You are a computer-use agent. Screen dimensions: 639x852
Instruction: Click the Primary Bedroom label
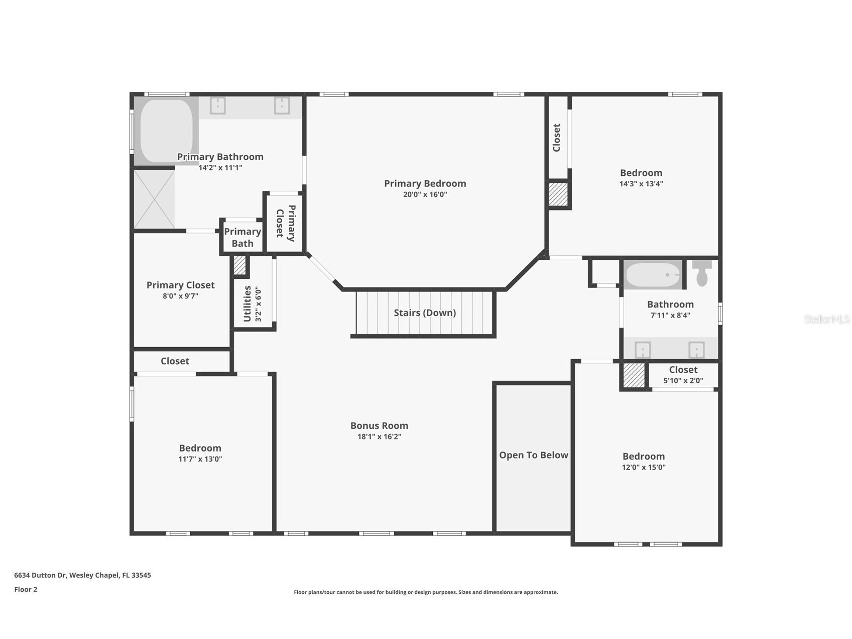pos(425,183)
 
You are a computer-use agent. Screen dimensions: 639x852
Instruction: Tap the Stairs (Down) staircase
pos(425,313)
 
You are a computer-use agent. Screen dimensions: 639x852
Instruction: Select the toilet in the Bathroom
pos(702,273)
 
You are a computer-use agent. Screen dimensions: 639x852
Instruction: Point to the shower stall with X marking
pos(154,199)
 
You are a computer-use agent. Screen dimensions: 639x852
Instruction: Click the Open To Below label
pos(533,455)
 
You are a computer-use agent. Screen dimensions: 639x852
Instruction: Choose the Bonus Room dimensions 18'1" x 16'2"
pos(379,437)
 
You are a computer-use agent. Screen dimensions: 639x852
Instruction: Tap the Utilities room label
pos(247,304)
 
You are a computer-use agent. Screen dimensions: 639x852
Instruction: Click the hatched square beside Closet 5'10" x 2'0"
pos(634,375)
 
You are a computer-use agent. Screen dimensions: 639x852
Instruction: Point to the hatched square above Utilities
pos(240,266)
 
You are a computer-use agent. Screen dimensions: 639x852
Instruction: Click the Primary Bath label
pos(242,238)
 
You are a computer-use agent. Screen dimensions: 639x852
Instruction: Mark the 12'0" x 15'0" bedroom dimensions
pos(644,467)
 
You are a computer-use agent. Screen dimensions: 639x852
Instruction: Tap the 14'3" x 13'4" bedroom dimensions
pos(641,184)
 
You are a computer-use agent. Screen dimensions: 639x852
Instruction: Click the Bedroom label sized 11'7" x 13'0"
pos(200,448)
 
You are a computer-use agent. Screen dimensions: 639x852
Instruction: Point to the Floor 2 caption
pos(26,589)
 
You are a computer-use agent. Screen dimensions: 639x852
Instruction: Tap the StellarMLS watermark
pos(826,319)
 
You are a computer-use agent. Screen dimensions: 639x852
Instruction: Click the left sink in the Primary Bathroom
pos(217,105)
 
